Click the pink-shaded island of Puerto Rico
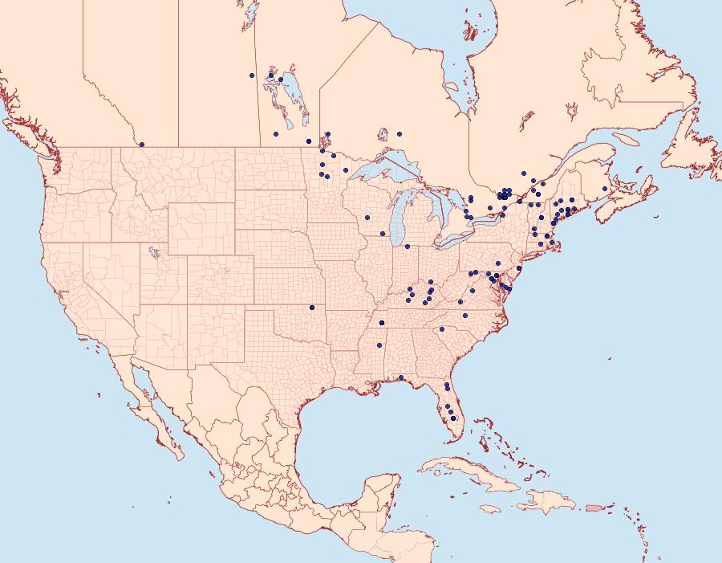tap(594, 507)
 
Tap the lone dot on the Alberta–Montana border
tap(142, 145)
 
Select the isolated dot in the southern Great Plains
tap(312, 307)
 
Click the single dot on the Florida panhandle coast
tap(400, 377)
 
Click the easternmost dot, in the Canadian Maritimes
tap(605, 189)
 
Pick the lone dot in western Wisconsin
tap(367, 217)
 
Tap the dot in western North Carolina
tap(440, 328)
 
